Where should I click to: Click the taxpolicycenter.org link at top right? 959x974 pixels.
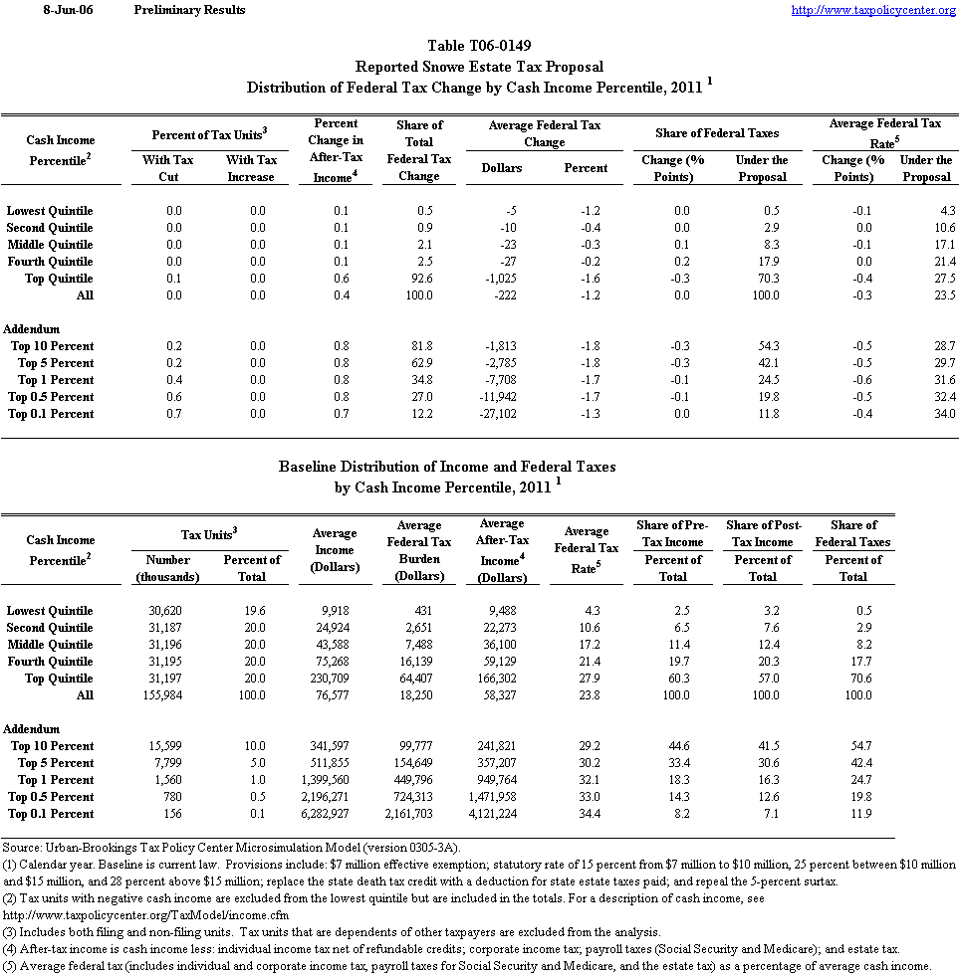pos(873,10)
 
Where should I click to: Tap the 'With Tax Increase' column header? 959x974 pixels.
pos(251,168)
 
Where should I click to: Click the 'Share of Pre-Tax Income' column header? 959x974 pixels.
pos(669,533)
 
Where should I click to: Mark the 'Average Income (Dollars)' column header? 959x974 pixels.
pos(335,550)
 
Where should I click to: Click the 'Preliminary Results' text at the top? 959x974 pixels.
pos(189,10)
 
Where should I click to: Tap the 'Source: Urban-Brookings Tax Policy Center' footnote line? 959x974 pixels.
pos(231,846)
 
